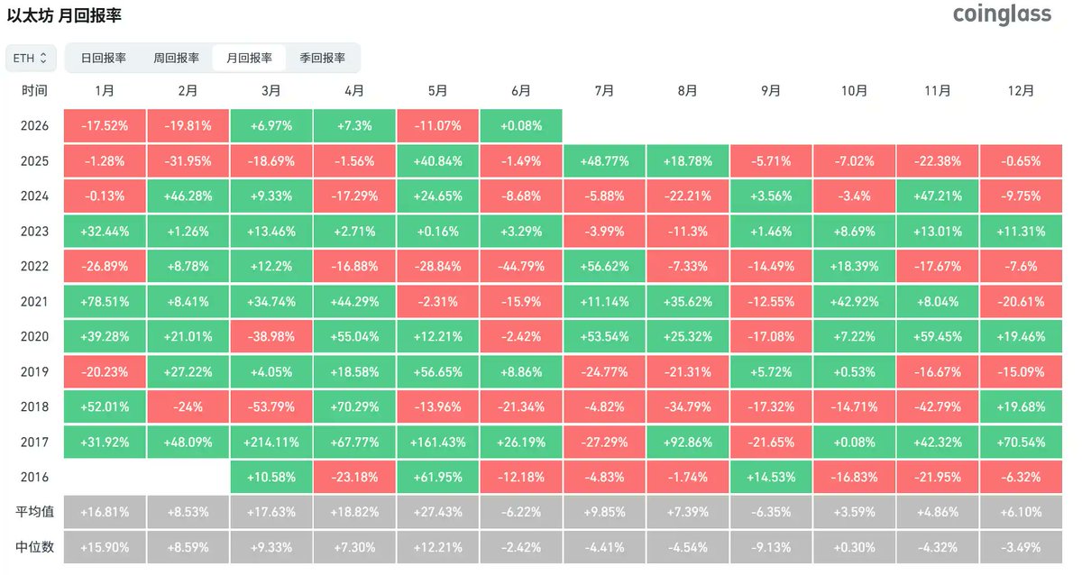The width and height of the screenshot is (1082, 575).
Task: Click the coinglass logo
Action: (1002, 14)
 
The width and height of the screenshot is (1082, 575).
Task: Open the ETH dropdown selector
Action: (31, 58)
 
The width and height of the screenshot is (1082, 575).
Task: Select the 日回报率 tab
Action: (104, 58)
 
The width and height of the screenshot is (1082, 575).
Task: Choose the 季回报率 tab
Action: (322, 58)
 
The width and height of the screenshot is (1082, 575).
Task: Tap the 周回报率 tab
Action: (177, 58)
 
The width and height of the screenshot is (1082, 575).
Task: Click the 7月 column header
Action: (604, 91)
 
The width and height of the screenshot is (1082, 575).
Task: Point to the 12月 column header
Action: (1021, 91)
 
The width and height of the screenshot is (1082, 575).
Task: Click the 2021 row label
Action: (34, 302)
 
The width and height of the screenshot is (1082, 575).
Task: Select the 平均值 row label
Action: (34, 512)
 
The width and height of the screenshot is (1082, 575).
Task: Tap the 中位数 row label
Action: (34, 547)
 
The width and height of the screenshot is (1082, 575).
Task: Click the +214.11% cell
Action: (271, 442)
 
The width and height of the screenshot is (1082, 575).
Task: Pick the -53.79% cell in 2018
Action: (271, 407)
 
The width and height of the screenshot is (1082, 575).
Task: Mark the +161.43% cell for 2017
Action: (437, 442)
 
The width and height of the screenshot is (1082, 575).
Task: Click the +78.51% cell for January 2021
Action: (105, 302)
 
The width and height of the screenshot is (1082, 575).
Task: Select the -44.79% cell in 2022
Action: (521, 267)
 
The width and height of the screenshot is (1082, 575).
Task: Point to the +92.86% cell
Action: (688, 442)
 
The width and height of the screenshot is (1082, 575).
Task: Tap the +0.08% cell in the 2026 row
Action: (521, 126)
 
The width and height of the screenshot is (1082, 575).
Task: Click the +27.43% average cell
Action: (437, 512)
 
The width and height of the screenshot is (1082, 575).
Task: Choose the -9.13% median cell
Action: (771, 547)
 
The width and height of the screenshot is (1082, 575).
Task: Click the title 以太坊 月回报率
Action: (64, 15)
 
